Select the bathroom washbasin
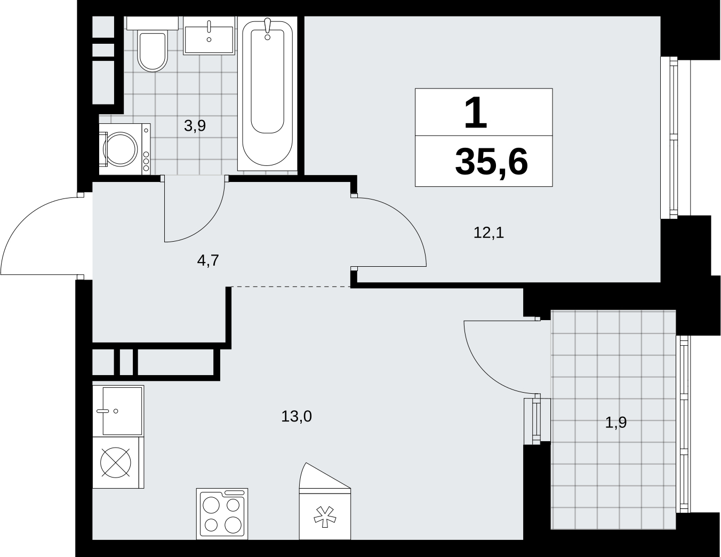(209, 36)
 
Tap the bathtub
(267, 93)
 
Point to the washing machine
(125, 149)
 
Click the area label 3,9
(195, 126)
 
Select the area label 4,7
(208, 260)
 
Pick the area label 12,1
(488, 233)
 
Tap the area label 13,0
(297, 416)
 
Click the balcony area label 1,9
(616, 423)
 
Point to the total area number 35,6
(491, 162)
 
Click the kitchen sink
(118, 411)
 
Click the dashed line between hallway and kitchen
(291, 287)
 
